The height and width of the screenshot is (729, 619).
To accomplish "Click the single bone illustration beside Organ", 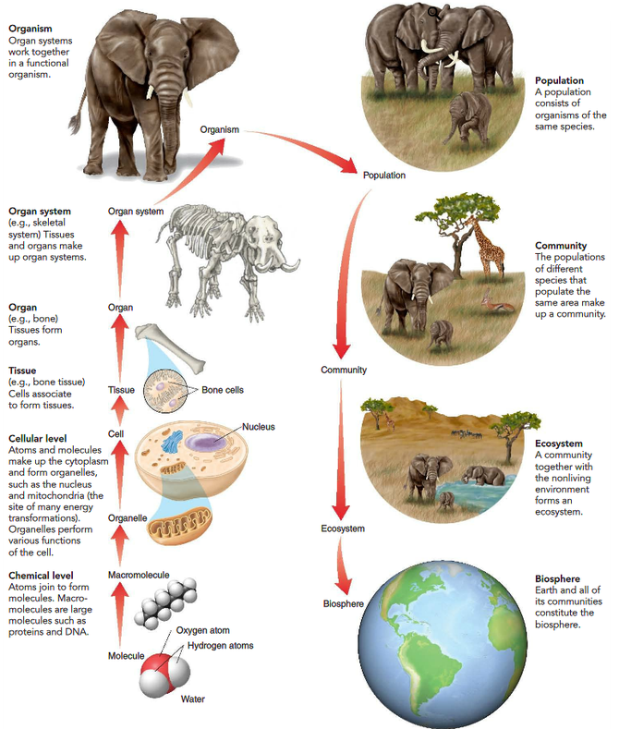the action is coord(170,348).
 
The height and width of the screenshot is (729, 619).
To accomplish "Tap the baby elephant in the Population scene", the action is coord(468,117).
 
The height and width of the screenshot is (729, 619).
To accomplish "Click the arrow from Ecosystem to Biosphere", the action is coord(344,566).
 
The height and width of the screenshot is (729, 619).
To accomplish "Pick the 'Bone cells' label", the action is coord(223,390).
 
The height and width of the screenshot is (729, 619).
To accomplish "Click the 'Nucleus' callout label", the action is coord(259,427).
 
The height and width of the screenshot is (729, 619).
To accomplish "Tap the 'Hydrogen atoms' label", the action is coord(220,645).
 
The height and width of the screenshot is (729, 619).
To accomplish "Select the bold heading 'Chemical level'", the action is coord(41,575).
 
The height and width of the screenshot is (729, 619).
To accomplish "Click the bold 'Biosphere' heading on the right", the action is coord(557,578).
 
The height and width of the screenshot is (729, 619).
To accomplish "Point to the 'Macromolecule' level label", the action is coord(139,575).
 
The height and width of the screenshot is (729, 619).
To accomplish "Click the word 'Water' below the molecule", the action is coord(193,699).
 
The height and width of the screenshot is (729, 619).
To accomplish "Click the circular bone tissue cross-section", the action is coord(165,391).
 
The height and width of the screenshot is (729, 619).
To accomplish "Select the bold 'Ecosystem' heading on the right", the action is coord(559,443).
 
